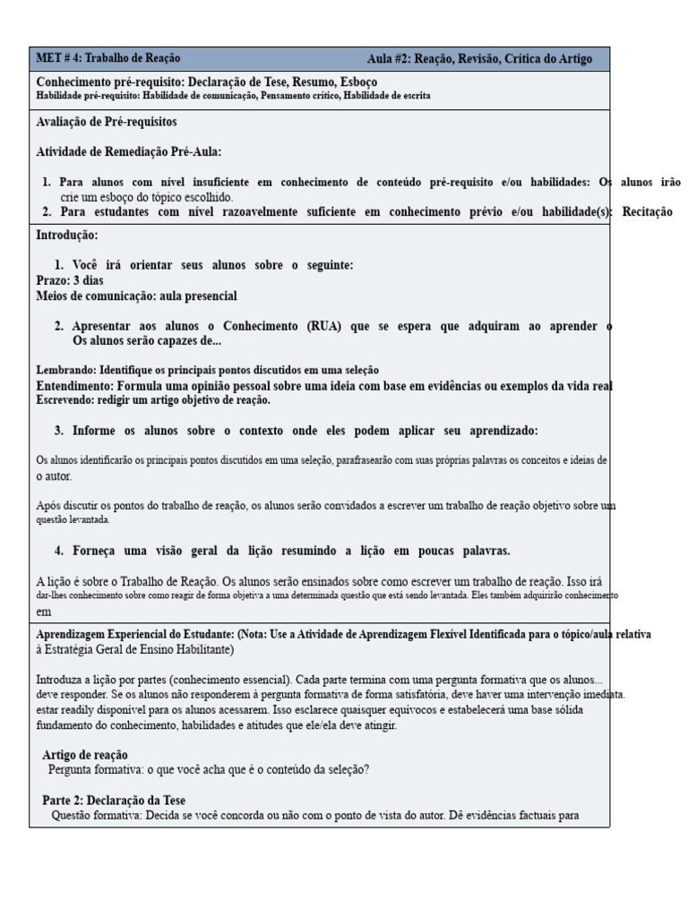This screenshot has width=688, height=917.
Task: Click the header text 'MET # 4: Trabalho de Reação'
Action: pos(101,59)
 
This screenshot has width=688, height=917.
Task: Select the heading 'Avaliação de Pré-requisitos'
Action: pos(106,121)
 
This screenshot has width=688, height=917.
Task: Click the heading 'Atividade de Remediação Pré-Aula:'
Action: pos(128,151)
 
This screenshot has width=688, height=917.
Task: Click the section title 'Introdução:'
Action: pos(67,236)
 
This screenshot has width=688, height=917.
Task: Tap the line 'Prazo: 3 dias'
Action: pos(70,280)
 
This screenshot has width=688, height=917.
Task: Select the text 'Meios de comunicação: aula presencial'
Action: pos(136,296)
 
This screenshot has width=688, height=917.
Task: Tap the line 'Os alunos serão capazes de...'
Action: pos(147,341)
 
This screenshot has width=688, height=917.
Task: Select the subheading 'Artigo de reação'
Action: pos(85,755)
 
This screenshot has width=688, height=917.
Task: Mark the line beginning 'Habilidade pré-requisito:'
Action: pos(233,96)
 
